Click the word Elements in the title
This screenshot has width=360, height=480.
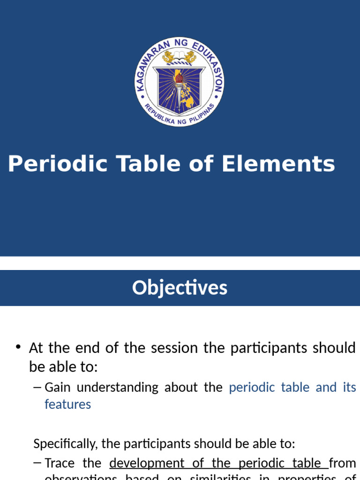[x=278, y=165]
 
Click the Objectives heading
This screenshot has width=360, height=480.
[x=180, y=287]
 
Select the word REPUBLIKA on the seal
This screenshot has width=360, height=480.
[x=159, y=115]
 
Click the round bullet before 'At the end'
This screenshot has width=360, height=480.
[x=18, y=347]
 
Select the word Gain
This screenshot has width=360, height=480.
[x=58, y=387]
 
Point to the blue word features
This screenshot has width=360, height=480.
[x=67, y=404]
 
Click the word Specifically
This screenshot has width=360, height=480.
[x=63, y=443]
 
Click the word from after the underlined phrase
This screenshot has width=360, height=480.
[x=342, y=463]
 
